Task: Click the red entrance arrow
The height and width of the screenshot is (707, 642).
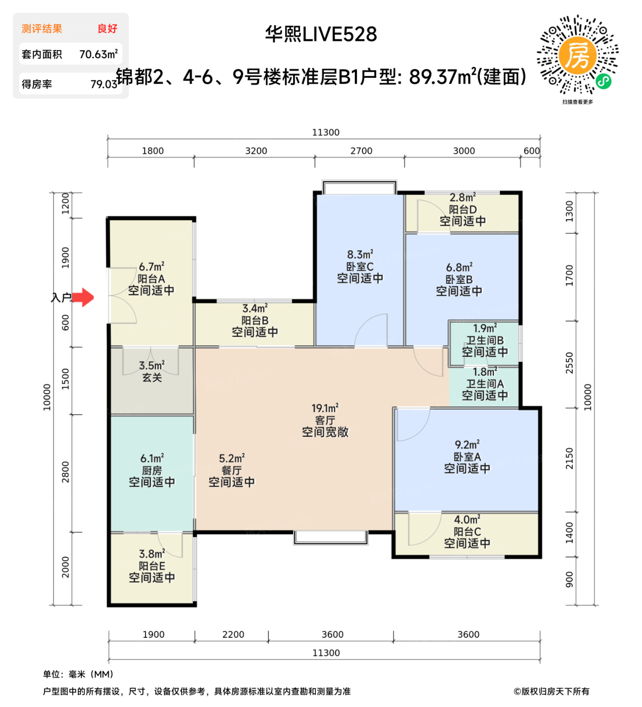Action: click(x=83, y=297)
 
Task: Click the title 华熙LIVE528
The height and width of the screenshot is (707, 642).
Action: click(x=321, y=34)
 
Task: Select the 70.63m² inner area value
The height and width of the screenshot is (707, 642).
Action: click(x=99, y=54)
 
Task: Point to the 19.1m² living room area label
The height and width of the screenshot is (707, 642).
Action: click(x=325, y=408)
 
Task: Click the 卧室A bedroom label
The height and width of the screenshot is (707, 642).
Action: click(x=467, y=457)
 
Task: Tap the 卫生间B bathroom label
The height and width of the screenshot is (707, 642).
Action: click(x=485, y=340)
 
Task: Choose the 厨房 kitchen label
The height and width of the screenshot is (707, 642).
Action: click(x=152, y=470)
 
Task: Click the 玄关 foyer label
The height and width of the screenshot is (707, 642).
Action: click(x=152, y=377)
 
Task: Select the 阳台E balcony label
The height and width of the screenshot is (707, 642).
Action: click(x=152, y=566)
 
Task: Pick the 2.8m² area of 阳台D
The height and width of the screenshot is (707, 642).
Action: click(x=463, y=197)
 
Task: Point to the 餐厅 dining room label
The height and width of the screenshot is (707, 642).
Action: click(x=232, y=470)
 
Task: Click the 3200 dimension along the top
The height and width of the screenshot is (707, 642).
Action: click(x=256, y=151)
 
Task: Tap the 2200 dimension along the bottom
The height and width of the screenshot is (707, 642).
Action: click(x=233, y=634)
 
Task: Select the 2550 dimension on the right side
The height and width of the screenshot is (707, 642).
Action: click(x=570, y=363)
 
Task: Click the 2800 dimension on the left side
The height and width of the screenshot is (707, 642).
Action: click(x=65, y=472)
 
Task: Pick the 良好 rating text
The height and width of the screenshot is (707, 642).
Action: click(x=108, y=29)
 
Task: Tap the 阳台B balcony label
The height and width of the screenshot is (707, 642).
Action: click(x=255, y=320)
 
